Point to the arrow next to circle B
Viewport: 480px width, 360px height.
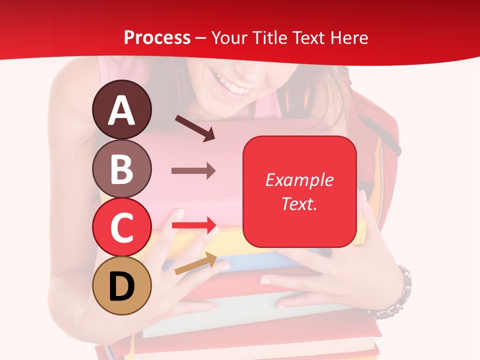[193, 171]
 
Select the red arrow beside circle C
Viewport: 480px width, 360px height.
[193, 225]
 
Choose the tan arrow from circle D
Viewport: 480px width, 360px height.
[195, 263]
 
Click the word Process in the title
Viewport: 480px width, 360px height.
[157, 37]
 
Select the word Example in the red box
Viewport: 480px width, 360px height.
[299, 180]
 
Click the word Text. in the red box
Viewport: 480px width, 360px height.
[299, 203]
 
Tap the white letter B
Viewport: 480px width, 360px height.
[121, 169]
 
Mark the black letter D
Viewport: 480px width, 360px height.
[121, 286]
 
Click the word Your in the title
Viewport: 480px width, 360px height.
[229, 37]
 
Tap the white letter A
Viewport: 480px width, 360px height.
[121, 110]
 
